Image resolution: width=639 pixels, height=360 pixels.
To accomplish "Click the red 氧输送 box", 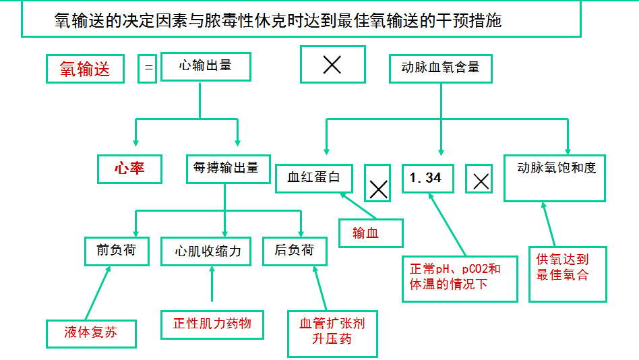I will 85,69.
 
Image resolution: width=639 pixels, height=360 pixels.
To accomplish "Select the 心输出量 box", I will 206,66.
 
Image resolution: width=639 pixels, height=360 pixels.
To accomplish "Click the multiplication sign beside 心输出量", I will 332,65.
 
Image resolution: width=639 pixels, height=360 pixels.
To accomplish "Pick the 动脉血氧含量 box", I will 441,67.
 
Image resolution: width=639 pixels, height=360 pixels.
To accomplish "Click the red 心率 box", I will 129,169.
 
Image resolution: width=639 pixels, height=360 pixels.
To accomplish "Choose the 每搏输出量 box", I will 226,169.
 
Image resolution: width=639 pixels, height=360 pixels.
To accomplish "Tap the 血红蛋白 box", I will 314,177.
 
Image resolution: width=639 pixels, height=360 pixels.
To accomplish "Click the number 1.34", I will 425,178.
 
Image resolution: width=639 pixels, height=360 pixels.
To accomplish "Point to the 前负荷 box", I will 116,251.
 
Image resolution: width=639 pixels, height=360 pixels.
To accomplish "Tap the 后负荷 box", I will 294,251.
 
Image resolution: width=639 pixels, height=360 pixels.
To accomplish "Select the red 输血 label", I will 370,233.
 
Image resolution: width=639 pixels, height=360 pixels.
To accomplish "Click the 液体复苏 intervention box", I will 91,333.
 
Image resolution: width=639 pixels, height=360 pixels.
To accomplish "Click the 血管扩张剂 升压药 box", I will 332,332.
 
